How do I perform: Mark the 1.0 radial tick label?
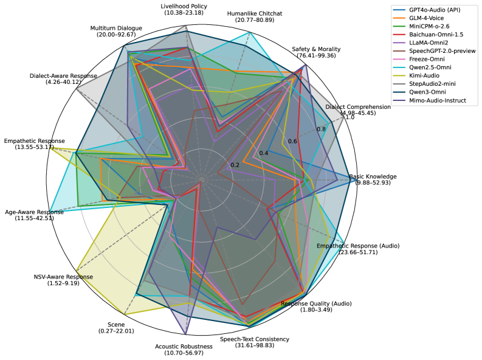[x=349, y=117]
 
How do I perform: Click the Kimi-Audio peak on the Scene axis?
[x=125, y=314]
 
